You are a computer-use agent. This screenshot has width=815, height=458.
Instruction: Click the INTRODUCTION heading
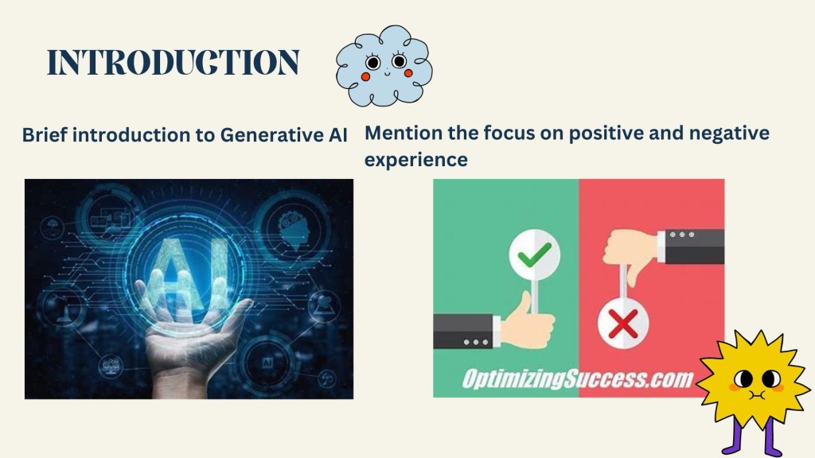173,62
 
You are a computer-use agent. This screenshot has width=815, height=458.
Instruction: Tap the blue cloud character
384,65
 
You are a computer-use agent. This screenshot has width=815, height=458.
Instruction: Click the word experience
415,159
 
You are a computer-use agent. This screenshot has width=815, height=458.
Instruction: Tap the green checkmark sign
534,255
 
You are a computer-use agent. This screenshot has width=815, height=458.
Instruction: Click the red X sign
622,324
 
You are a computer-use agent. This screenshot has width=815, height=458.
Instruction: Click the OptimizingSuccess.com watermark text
578,379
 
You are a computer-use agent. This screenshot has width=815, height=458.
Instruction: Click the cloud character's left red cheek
365,77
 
